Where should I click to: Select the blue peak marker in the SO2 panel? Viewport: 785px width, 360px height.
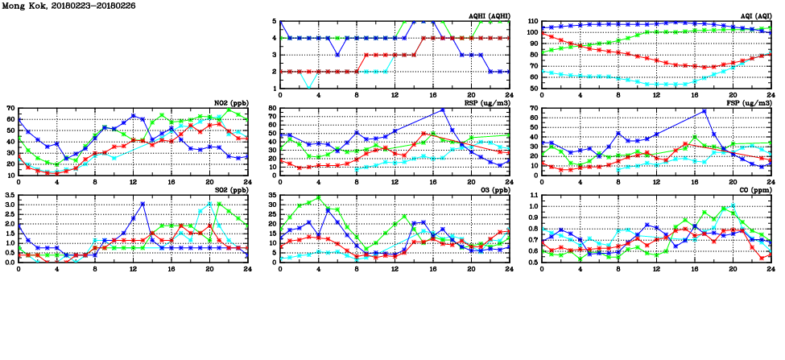(x=143, y=204)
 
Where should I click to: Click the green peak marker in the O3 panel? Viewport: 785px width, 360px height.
(x=319, y=197)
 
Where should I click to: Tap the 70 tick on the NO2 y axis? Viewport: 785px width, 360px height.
(x=10, y=108)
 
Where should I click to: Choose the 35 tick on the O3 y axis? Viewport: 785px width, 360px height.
(x=272, y=195)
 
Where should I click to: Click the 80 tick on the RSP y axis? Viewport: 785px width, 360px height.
(x=272, y=108)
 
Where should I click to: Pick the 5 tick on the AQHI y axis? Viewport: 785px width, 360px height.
(x=275, y=22)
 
